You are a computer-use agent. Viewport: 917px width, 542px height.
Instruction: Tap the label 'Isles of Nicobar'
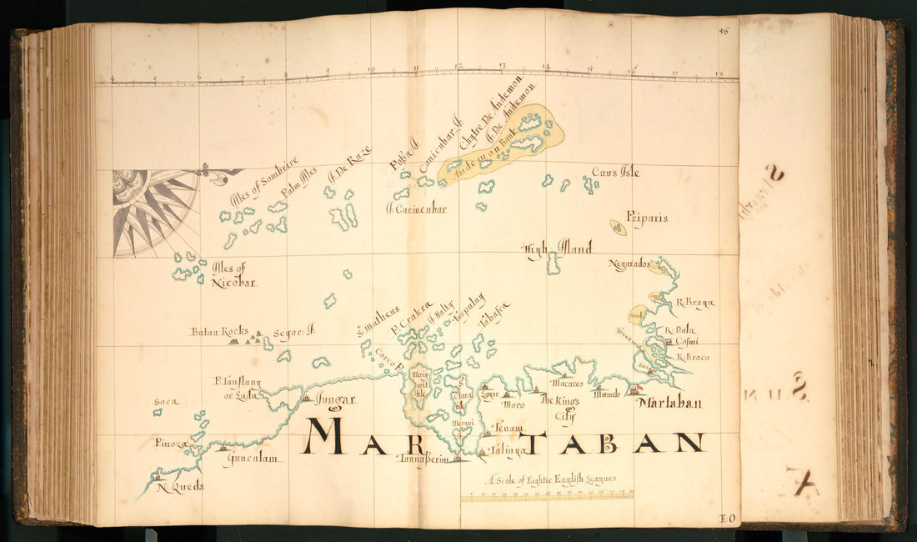click(233, 275)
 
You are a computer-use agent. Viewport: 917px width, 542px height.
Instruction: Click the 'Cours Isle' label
click(615, 173)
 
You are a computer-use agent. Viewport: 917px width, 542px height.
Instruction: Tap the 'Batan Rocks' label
click(213, 331)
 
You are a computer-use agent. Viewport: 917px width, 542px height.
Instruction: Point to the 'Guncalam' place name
click(250, 459)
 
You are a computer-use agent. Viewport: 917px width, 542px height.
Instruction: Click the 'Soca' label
click(166, 402)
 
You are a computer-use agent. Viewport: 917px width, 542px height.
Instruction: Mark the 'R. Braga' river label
click(695, 303)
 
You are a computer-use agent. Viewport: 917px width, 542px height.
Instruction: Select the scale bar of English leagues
click(547, 496)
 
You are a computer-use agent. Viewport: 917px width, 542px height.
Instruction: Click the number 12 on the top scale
click(458, 67)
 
